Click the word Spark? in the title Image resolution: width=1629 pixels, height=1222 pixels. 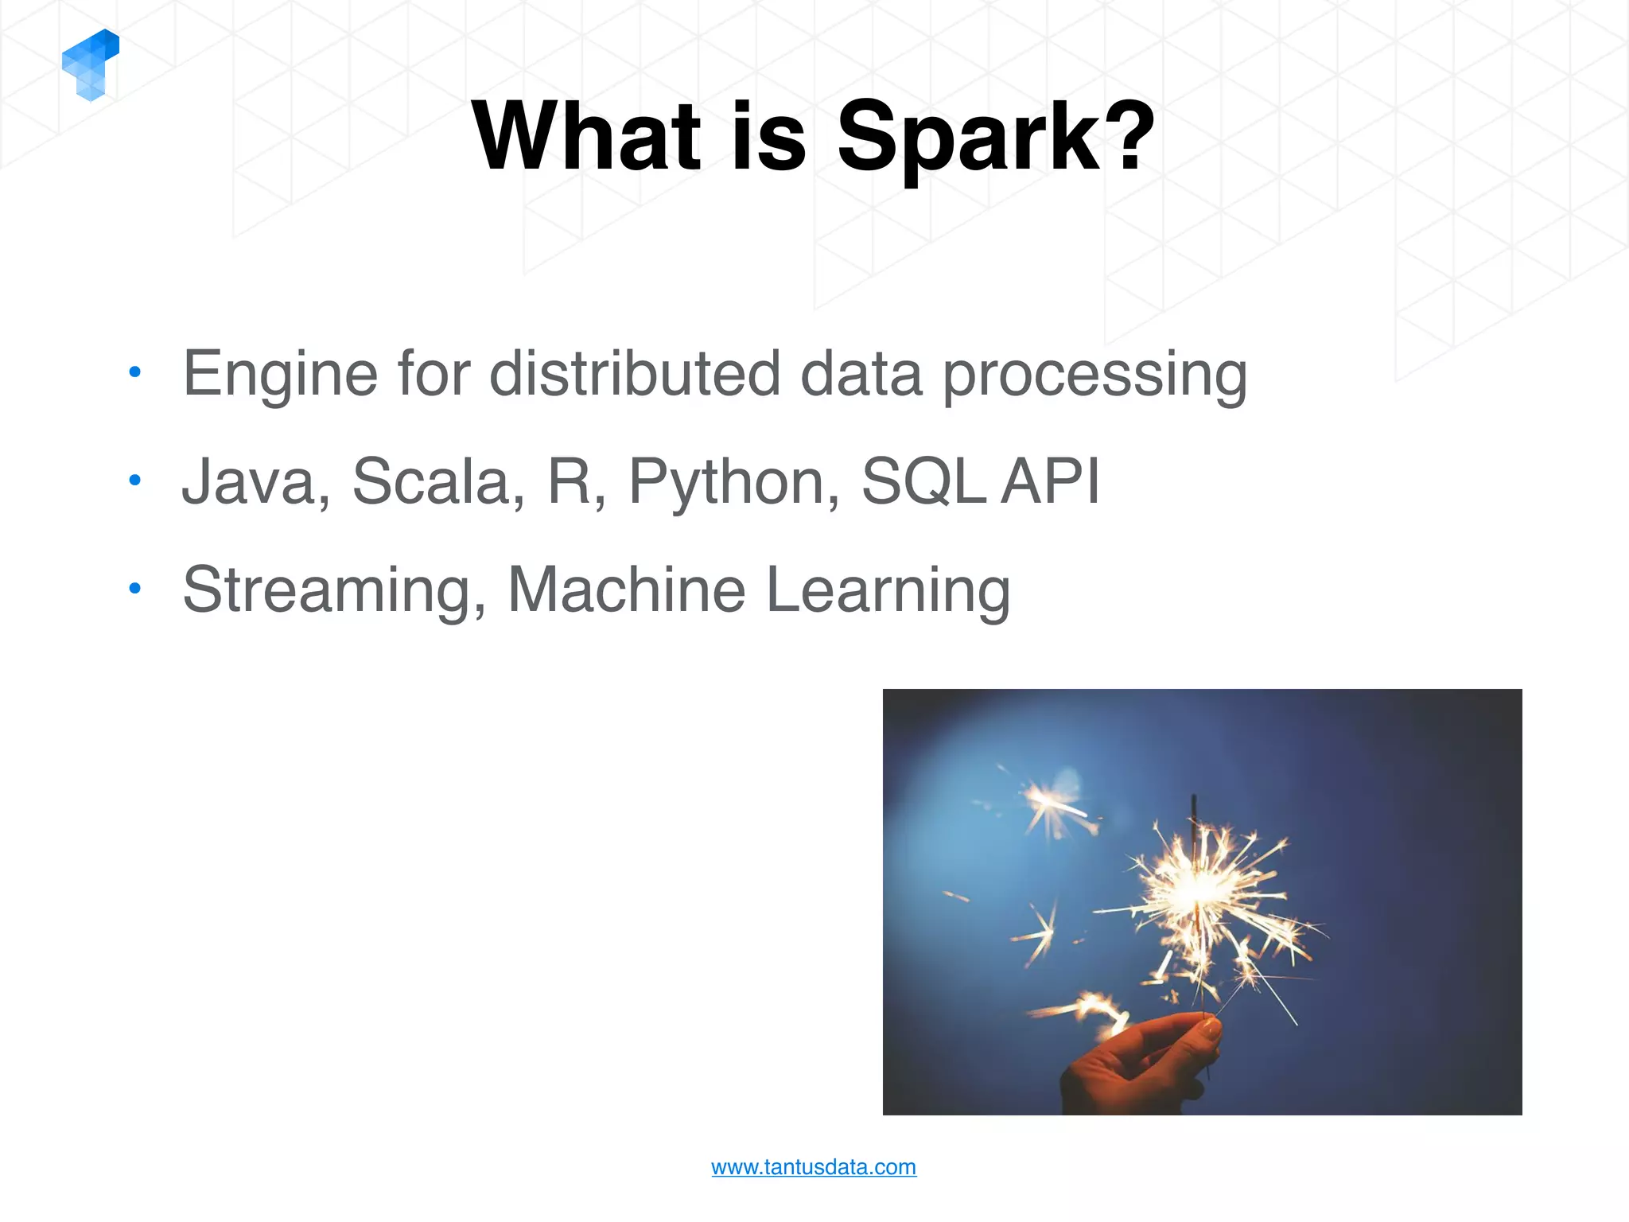tap(995, 137)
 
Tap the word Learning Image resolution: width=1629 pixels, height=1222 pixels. tap(888, 590)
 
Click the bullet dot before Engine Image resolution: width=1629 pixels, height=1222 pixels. tap(134, 372)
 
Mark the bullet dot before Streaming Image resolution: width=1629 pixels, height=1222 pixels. tap(134, 588)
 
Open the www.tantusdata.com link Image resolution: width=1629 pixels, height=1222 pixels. tap(813, 1167)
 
